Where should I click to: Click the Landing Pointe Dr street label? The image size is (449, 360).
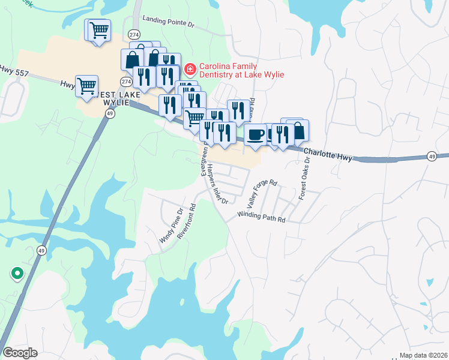tap(170, 25)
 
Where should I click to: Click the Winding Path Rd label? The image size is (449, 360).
tap(261, 217)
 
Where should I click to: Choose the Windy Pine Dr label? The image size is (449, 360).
tap(170, 226)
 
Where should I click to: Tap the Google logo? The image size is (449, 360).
tap(20, 352)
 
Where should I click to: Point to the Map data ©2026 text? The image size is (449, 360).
tap(424, 355)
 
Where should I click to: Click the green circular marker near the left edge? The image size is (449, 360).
tap(17, 274)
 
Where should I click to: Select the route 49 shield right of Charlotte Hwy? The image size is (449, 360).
tap(432, 157)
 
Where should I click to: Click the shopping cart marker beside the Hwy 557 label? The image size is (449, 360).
tap(86, 86)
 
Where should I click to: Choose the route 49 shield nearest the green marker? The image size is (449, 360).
tap(41, 250)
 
